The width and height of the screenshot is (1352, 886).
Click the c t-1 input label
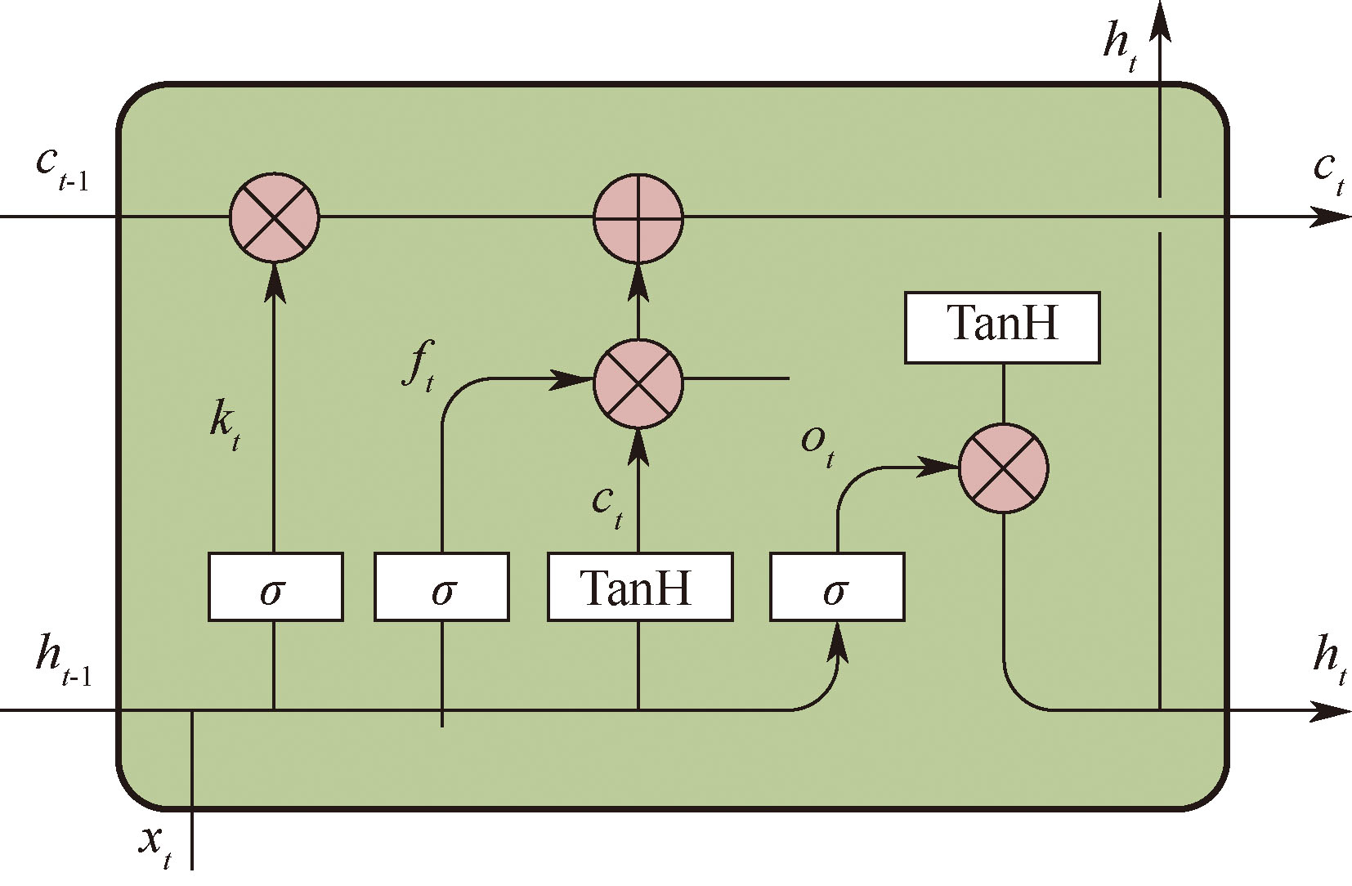[x=61, y=168]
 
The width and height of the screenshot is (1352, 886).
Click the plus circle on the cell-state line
[x=638, y=218]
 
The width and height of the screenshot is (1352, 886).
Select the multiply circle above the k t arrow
[x=274, y=218]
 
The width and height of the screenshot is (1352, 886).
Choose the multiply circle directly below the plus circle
[x=638, y=383]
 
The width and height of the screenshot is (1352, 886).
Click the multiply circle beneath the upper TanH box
[x=1003, y=468]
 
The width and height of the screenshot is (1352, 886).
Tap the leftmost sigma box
[x=275, y=587]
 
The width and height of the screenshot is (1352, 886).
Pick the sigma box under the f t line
[x=441, y=587]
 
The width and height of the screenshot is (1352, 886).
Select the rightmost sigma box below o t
[x=837, y=587]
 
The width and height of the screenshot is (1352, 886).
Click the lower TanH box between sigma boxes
[x=639, y=587]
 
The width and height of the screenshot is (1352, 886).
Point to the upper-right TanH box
[x=1002, y=327]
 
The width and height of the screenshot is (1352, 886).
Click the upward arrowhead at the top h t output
[x=1161, y=20]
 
